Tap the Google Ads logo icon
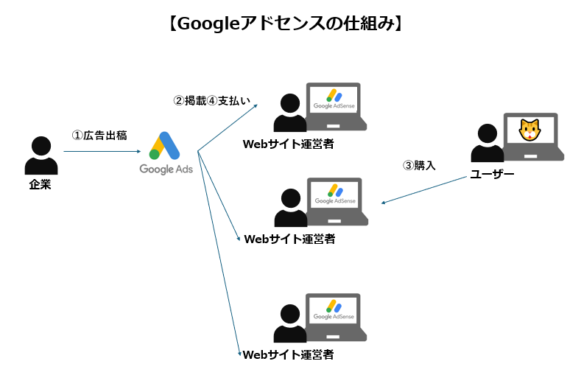pos(164,146)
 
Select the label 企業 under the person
pos(40,184)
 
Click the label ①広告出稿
pos(99,136)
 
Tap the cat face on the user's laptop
pos(529,131)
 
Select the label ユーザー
pos(492,175)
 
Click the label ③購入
pos(419,165)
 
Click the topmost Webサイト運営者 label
pos(289,144)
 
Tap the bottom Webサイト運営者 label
pos(289,354)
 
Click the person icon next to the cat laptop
pos(486,143)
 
